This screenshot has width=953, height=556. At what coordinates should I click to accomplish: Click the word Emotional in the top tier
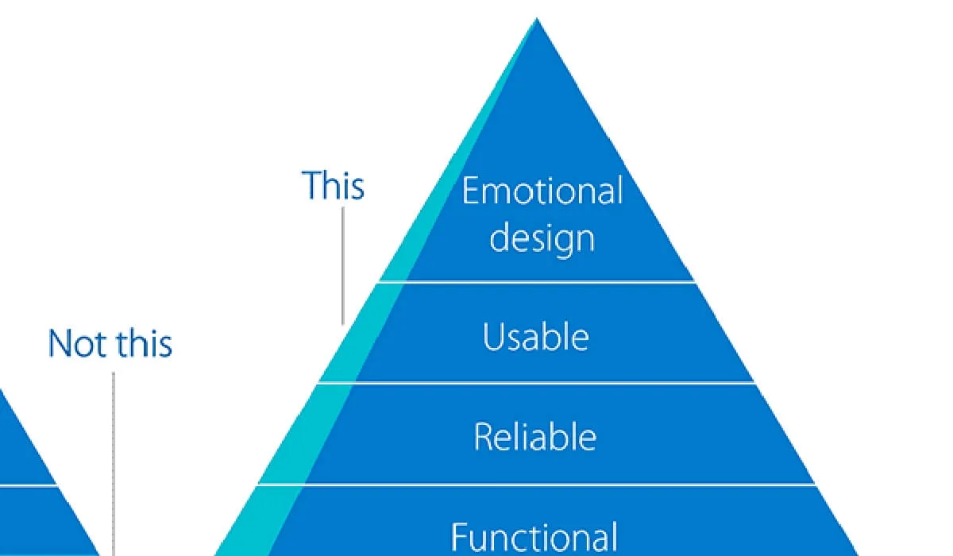pos(542,191)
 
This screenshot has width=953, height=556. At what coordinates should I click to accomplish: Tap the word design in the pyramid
pos(542,237)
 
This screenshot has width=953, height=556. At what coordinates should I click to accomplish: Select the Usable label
pos(536,337)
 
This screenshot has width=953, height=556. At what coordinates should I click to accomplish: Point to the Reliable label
pos(535,437)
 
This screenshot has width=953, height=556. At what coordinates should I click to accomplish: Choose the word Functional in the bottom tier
pos(534,536)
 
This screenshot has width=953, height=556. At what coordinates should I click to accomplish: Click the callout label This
pos(333,186)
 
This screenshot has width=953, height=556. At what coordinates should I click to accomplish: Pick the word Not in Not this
pos(76,343)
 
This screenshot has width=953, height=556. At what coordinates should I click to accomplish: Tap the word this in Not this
pos(144,343)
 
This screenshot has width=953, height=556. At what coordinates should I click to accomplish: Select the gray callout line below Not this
pos(113,461)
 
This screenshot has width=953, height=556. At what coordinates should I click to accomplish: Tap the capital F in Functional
pos(460,536)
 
